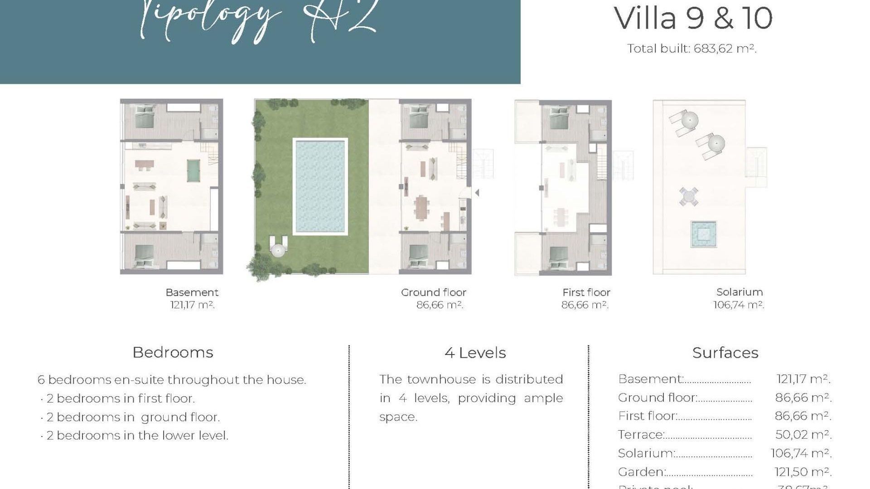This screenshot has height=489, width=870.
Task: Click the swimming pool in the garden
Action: pyautogui.click(x=320, y=186)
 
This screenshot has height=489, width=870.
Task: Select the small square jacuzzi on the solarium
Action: pyautogui.click(x=703, y=234)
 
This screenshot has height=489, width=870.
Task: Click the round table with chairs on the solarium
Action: pyautogui.click(x=688, y=197)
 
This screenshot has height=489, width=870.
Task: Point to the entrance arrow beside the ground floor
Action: pyautogui.click(x=477, y=193)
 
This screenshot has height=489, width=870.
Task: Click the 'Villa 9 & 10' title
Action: pyautogui.click(x=693, y=18)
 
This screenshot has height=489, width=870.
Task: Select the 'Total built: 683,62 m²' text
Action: pyautogui.click(x=691, y=48)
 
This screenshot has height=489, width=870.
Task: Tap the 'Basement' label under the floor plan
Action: pyautogui.click(x=192, y=292)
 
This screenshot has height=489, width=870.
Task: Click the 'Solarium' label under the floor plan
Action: pyautogui.click(x=739, y=292)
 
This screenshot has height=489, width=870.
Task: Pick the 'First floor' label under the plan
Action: pyautogui.click(x=586, y=292)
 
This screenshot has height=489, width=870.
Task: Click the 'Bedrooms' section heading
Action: pyautogui.click(x=173, y=352)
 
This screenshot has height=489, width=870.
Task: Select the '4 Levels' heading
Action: pyautogui.click(x=475, y=353)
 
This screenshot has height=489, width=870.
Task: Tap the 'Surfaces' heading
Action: pyautogui.click(x=725, y=353)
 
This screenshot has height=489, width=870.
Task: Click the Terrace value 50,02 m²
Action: pyautogui.click(x=803, y=435)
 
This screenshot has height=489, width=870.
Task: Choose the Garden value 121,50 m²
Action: pyautogui.click(x=802, y=472)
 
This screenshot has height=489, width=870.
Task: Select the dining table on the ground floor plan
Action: pyautogui.click(x=422, y=207)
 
